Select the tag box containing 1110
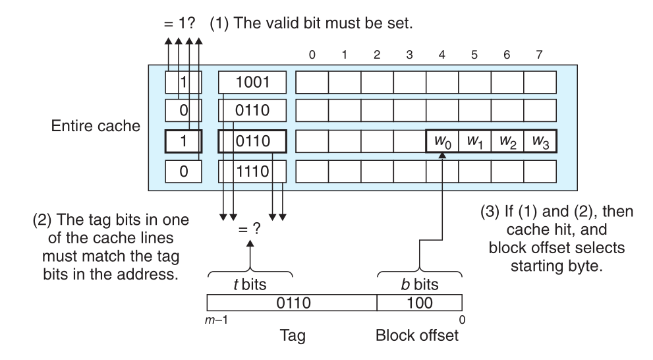pos(253,172)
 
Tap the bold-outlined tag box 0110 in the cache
pos(253,142)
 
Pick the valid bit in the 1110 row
pos(183,172)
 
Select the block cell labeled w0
pos(442,142)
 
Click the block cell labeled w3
pos(540,142)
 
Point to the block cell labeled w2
pos(507,142)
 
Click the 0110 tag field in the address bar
pos(292,304)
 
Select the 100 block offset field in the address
pos(419,304)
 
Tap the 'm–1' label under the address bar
pos(215,319)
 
